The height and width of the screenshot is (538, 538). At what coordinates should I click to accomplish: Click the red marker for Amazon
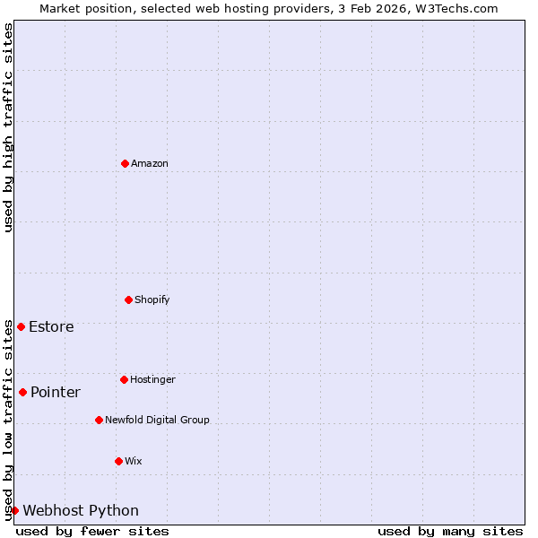[x=125, y=163]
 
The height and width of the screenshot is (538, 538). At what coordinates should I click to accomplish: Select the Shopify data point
[x=128, y=299]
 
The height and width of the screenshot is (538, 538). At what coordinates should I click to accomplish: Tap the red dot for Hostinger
[x=124, y=379]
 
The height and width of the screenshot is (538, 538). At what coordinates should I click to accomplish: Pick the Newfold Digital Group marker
[x=99, y=420]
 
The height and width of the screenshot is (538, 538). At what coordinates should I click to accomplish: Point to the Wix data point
[x=118, y=461]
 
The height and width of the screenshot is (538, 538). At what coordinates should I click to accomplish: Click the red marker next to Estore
[x=21, y=326]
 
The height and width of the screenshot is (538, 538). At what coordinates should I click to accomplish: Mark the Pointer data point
[x=22, y=392]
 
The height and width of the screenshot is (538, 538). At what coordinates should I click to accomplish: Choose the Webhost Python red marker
[x=14, y=510]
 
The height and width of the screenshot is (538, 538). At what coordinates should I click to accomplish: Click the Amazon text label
[x=150, y=163]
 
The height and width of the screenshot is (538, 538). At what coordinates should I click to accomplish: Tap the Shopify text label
[x=152, y=299]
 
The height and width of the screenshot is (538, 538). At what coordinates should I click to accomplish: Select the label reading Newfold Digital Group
[x=157, y=420]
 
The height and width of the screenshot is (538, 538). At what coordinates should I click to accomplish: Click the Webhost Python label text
[x=81, y=510]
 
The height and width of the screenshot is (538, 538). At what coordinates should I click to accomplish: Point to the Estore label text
[x=51, y=326]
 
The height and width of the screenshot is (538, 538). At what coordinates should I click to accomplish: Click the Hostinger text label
[x=152, y=379]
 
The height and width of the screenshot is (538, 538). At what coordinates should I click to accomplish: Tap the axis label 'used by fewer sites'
[x=92, y=531]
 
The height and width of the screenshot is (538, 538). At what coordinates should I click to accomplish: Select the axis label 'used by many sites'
[x=450, y=531]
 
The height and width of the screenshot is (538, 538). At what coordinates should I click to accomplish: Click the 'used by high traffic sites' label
[x=8, y=127]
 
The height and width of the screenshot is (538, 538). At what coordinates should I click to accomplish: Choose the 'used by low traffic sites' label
[x=8, y=420]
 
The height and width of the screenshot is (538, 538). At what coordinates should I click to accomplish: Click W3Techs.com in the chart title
[x=460, y=8]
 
